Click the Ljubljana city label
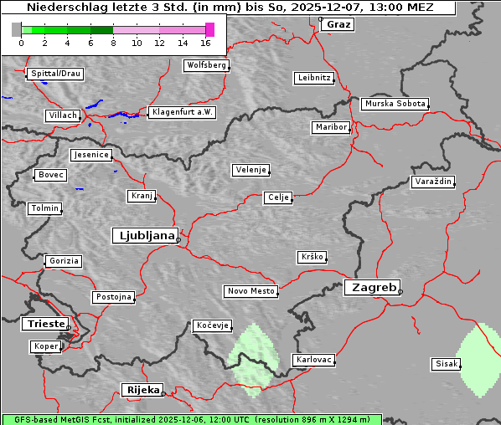[x=144, y=235]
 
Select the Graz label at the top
[x=338, y=24]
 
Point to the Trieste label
[x=44, y=323]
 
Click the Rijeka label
[x=142, y=390]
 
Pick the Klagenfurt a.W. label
[x=182, y=112]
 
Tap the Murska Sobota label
[x=395, y=105]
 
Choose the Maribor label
[x=330, y=127]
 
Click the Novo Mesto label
[x=250, y=291]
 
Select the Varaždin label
[x=433, y=182]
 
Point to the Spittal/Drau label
[x=55, y=74]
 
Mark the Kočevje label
[x=212, y=325]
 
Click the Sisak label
[x=446, y=364]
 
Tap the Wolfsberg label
[x=205, y=65]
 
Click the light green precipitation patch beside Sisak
[x=479, y=360]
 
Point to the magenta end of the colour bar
[x=209, y=29]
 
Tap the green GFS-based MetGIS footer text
[x=191, y=419]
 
